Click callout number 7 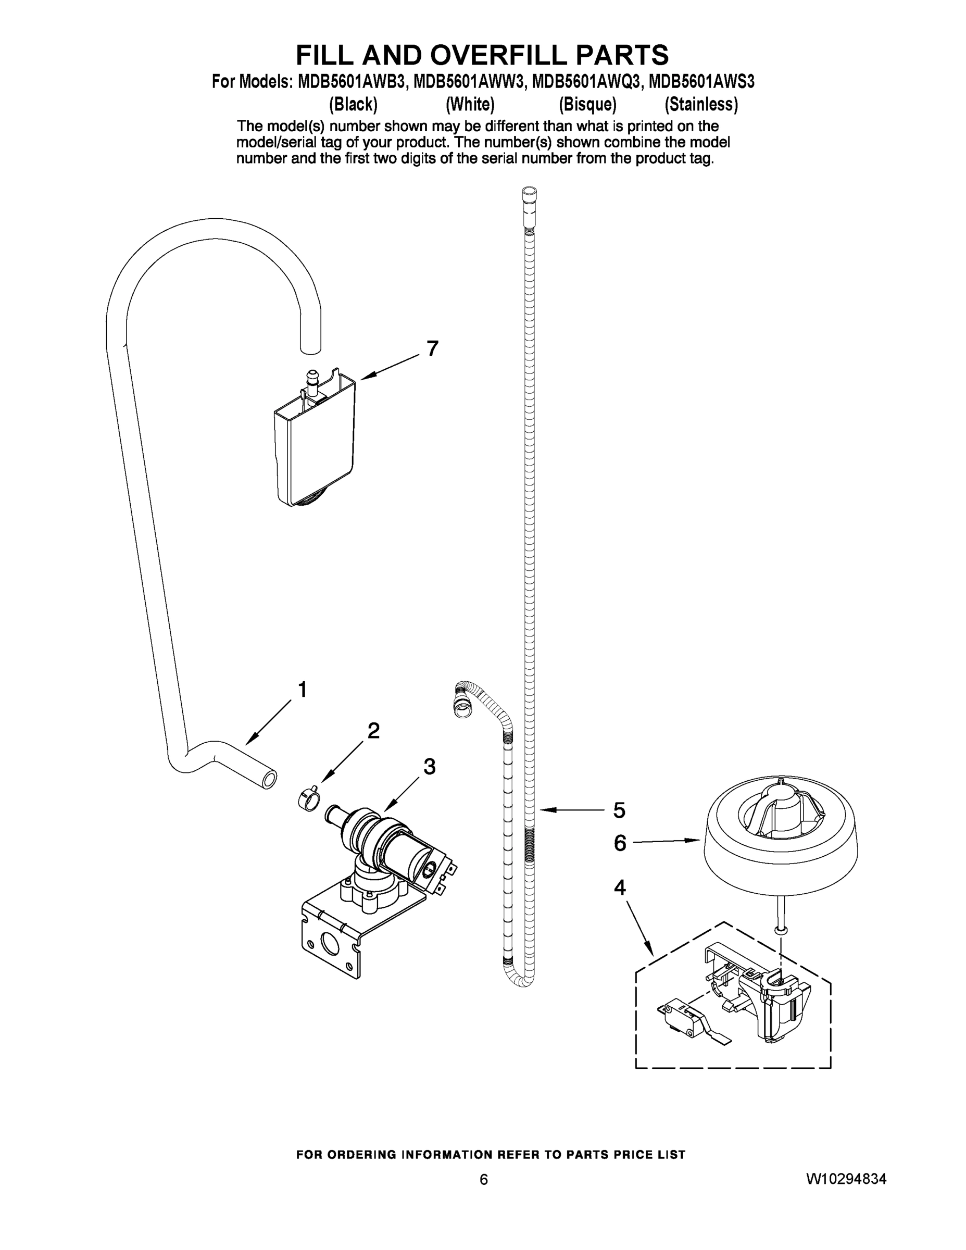pyautogui.click(x=432, y=348)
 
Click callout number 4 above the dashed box pyautogui.click(x=620, y=888)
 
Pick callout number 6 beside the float pyautogui.click(x=620, y=843)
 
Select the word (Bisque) pyautogui.click(x=588, y=104)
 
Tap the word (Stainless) pyautogui.click(x=701, y=104)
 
